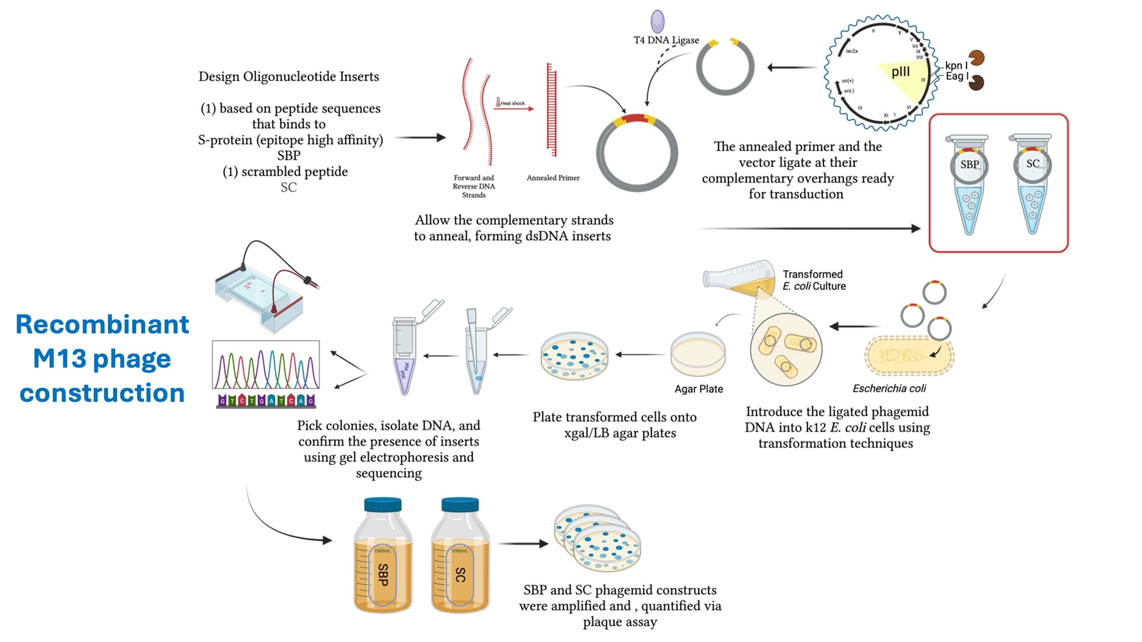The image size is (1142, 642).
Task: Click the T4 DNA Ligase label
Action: [x=666, y=40]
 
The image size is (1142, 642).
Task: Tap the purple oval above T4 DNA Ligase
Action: [x=658, y=21]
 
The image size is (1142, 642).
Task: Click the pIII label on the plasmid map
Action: [x=900, y=72]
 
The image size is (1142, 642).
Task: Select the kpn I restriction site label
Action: [x=956, y=66]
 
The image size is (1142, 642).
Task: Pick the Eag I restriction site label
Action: [x=957, y=77]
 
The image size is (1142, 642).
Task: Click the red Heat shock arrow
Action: [x=513, y=109]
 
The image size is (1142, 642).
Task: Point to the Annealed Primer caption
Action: [x=553, y=178]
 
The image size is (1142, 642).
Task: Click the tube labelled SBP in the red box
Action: [x=969, y=185]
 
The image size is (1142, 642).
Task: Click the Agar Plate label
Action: [x=699, y=389]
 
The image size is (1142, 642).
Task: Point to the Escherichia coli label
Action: [x=889, y=389]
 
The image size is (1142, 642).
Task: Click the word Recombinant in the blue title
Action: [x=102, y=324]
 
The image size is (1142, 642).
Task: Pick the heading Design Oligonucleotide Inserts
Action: [x=288, y=77]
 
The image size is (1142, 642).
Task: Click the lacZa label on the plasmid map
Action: [x=852, y=51]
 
